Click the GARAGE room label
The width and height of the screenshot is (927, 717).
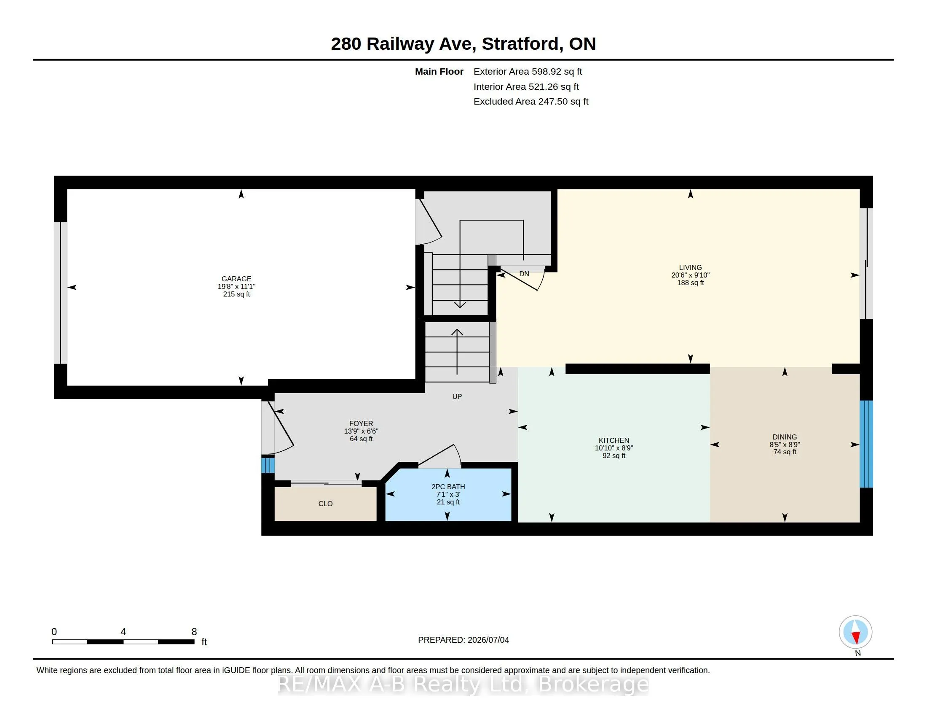(x=236, y=279)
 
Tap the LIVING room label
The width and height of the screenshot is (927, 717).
(x=690, y=267)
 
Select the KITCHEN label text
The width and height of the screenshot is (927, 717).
(x=614, y=440)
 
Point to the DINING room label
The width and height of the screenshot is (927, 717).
(x=785, y=437)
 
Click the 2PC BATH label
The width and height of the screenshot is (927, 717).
(x=448, y=487)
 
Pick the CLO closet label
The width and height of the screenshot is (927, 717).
(x=326, y=504)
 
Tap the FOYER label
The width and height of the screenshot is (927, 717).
(x=361, y=423)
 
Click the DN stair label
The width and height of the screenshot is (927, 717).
(x=524, y=274)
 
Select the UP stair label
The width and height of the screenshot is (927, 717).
(x=457, y=397)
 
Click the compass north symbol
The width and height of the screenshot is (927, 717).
(x=855, y=633)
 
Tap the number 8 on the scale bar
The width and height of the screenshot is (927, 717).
(x=194, y=632)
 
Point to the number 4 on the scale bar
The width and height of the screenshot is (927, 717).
(x=123, y=632)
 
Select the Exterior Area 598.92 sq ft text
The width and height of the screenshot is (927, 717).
(x=528, y=72)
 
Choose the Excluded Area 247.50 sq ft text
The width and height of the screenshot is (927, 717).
(x=531, y=102)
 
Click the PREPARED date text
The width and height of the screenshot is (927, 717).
(x=463, y=640)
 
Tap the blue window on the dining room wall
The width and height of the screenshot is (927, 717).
(x=866, y=444)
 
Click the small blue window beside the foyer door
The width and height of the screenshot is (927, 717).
(x=268, y=464)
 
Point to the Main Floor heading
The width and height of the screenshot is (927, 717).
(x=439, y=72)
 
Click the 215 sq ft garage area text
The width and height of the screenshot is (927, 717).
(x=236, y=294)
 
